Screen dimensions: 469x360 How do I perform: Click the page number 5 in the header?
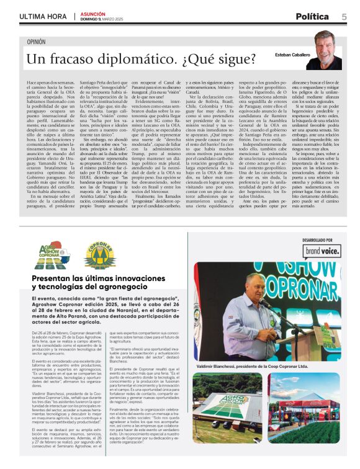344,17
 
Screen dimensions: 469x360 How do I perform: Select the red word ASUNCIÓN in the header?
91,14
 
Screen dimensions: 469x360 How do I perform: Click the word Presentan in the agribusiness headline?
55,279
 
